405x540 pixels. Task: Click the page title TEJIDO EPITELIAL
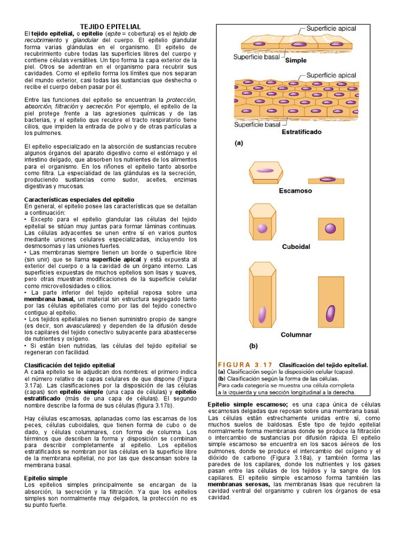pyautogui.click(x=110, y=26)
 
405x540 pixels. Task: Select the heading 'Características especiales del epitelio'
pyautogui.click(x=80, y=199)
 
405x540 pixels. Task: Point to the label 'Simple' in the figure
pyautogui.click(x=295, y=60)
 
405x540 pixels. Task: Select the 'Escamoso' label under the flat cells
pyautogui.click(x=295, y=191)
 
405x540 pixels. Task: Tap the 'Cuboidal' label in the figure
pyautogui.click(x=296, y=246)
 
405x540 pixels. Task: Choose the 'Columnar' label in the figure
pyautogui.click(x=296, y=334)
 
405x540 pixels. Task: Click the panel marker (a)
pyautogui.click(x=239, y=142)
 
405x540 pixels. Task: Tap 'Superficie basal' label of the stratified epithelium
pyautogui.click(x=257, y=124)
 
